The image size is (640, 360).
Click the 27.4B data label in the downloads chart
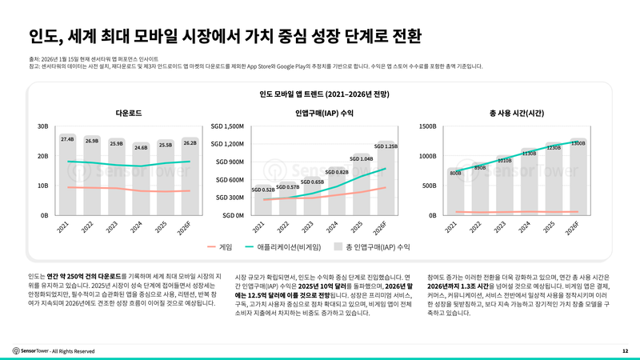tap(67, 139)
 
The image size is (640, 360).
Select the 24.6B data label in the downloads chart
tap(141, 147)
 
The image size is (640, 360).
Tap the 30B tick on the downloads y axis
tap(43, 126)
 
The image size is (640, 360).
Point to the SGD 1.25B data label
tap(386, 146)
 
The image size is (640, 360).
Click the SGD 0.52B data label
tap(262, 190)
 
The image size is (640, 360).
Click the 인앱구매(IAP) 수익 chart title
tap(324, 113)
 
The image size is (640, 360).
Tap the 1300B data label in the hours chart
tap(578, 143)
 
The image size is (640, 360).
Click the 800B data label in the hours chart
tap(455, 173)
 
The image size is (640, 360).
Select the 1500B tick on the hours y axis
tap(426, 126)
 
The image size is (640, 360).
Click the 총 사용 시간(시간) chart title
tap(516, 113)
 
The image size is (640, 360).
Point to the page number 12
tap(625, 350)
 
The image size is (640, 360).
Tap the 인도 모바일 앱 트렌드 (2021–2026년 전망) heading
tap(324, 94)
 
